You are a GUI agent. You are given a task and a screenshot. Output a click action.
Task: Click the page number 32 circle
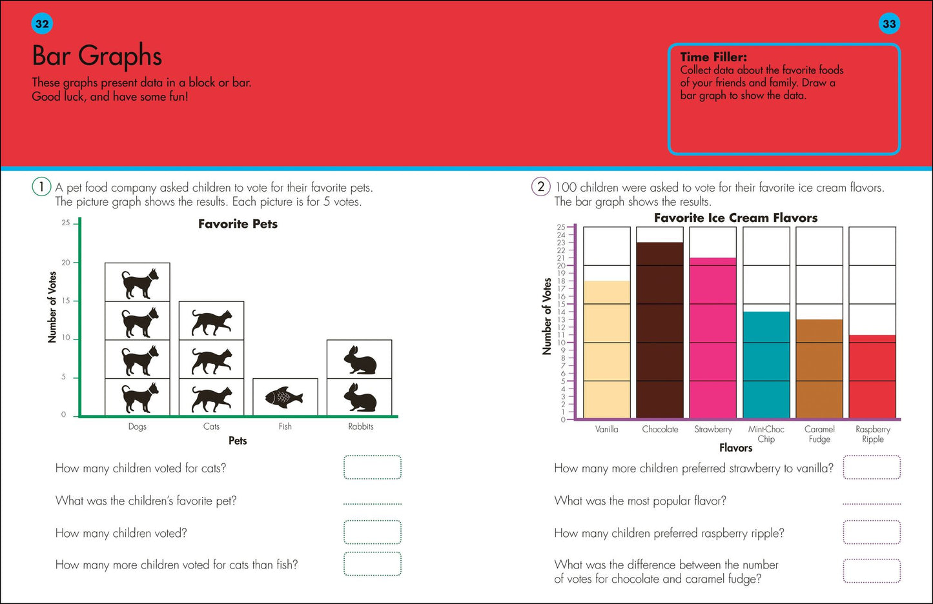click(x=42, y=24)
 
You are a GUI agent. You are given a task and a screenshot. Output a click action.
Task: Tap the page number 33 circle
click(x=889, y=24)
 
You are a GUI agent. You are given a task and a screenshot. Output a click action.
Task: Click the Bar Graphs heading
click(x=97, y=56)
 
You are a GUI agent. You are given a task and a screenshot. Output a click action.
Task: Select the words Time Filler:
click(x=713, y=57)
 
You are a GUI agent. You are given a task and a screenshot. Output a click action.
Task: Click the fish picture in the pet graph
click(x=284, y=397)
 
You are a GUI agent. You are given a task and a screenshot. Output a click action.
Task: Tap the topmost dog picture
click(x=139, y=283)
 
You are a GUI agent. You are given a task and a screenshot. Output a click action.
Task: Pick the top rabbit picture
click(x=360, y=359)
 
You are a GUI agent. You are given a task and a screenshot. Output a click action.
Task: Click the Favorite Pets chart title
click(x=238, y=224)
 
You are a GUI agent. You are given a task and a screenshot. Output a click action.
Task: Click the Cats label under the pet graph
click(x=211, y=427)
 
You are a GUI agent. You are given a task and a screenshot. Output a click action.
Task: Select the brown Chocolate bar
click(x=660, y=330)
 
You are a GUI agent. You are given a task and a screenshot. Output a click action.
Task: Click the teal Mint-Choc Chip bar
click(x=766, y=365)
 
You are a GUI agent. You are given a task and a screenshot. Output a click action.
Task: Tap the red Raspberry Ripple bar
click(x=872, y=377)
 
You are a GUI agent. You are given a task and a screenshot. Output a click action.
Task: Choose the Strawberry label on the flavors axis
click(x=713, y=429)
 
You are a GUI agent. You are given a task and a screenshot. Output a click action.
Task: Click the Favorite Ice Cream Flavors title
click(x=735, y=217)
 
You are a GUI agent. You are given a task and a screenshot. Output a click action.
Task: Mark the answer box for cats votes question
click(x=373, y=467)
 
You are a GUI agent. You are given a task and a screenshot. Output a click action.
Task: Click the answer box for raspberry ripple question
click(x=872, y=532)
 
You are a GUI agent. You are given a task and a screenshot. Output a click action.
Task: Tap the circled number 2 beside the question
click(x=540, y=186)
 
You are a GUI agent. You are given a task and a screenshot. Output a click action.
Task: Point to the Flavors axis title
click(x=735, y=448)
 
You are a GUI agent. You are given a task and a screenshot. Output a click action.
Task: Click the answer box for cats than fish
click(x=373, y=564)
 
